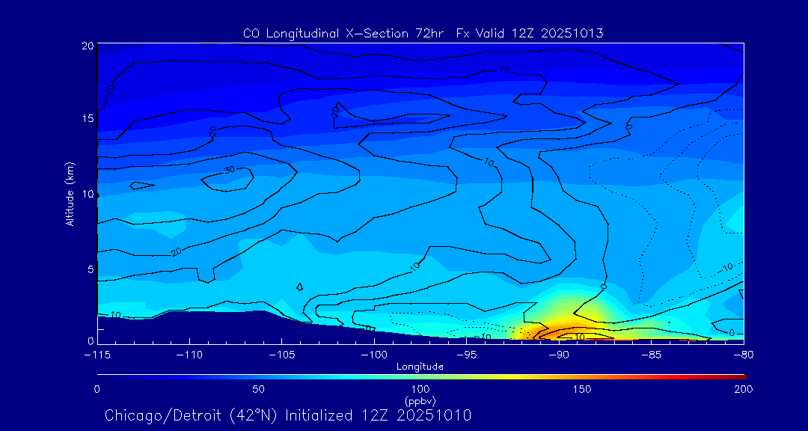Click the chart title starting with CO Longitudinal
423,34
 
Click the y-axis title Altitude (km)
70,193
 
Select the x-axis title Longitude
420,367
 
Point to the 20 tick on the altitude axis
88,46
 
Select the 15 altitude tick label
88,119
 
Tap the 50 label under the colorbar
258,389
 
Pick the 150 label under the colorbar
582,389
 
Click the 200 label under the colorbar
743,389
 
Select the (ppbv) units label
420,400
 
